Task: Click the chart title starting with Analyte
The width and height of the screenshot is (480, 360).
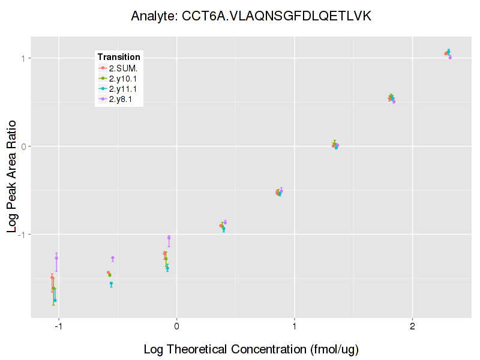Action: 251,16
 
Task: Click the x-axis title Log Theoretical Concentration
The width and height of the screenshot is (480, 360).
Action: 251,349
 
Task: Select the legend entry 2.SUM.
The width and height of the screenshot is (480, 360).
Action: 123,68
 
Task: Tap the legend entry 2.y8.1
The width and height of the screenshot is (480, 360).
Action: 121,98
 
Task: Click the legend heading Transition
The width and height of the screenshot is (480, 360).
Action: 119,57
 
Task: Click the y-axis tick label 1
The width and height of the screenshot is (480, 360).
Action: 24,58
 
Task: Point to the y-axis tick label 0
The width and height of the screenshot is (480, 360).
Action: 24,146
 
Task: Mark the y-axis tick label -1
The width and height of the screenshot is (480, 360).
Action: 23,234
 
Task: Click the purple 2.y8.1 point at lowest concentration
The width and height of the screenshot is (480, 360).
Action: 56,258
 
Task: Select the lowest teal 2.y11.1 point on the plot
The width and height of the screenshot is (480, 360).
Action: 55,300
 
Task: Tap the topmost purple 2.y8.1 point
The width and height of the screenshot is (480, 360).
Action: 450,58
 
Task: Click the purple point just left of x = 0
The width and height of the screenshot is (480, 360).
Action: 169,238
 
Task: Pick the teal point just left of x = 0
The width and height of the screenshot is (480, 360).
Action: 167,268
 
